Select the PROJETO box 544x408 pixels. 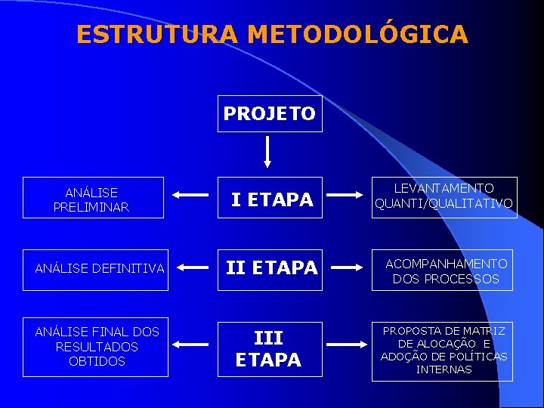(270, 113)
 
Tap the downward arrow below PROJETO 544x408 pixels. (267, 152)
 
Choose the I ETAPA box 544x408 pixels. (270, 199)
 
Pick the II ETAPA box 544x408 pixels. (270, 268)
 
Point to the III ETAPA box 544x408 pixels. (268, 349)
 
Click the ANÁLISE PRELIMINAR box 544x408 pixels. (93, 198)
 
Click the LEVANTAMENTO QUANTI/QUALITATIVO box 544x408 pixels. (444, 196)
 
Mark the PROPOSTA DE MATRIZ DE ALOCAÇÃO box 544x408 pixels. (444, 351)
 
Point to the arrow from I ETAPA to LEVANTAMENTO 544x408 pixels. (350, 195)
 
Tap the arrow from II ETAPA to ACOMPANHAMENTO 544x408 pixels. (350, 267)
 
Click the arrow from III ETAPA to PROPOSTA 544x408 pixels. (350, 344)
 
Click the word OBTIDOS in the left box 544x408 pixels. (97, 362)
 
